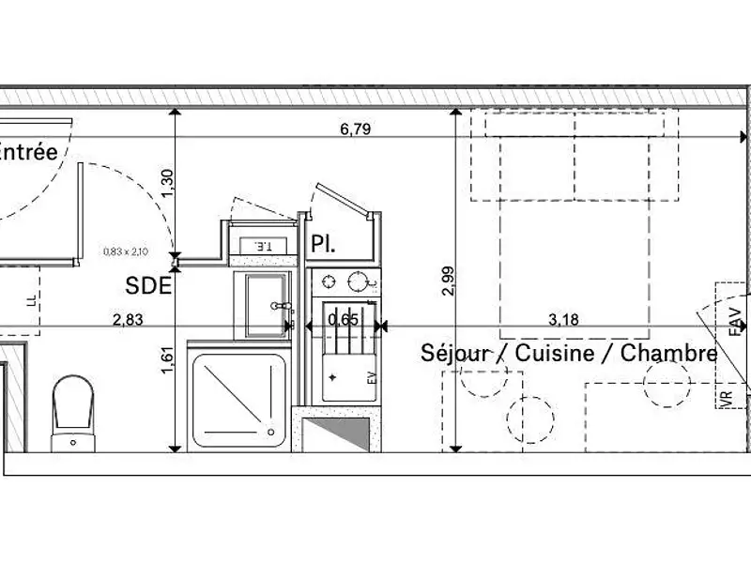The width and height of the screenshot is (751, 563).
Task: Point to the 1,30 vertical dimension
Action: click(168, 182)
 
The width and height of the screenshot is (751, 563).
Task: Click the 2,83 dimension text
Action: click(128, 319)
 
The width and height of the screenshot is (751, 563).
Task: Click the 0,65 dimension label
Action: click(343, 319)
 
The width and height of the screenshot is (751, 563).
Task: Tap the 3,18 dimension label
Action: click(563, 319)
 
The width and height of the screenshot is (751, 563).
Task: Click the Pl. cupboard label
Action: click(324, 245)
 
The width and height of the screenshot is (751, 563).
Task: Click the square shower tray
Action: click(238, 399)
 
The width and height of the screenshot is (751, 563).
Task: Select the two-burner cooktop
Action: click(345, 281)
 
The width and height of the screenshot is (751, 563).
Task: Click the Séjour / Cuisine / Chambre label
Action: click(569, 354)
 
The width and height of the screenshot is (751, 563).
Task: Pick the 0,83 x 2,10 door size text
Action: click(128, 251)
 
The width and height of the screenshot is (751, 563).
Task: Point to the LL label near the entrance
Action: click(32, 300)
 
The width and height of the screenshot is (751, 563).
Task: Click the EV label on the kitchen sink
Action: click(370, 379)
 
